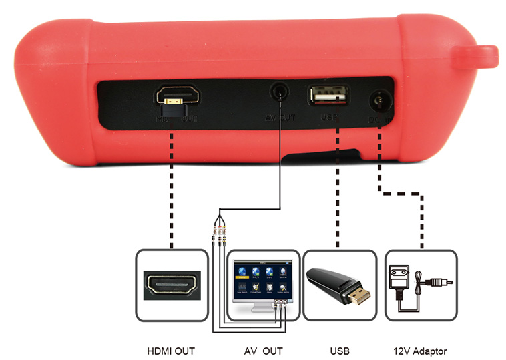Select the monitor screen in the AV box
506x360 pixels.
262,279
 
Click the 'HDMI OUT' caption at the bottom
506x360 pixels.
170,350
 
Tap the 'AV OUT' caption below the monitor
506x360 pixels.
262,350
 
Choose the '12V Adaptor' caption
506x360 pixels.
421,350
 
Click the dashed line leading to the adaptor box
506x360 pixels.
401,194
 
